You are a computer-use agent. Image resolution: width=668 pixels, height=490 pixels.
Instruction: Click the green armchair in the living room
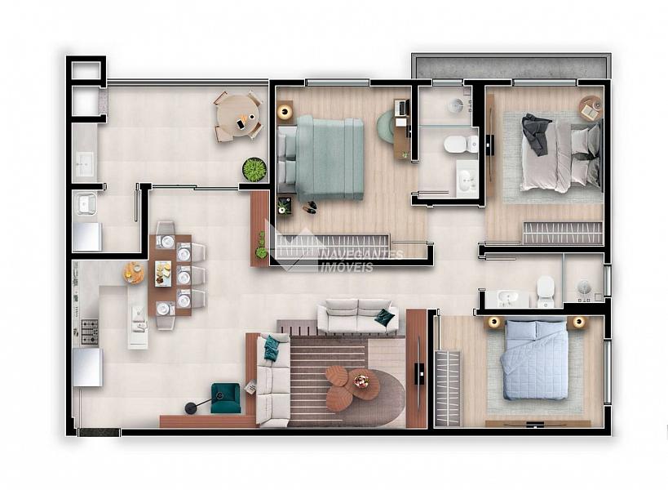tap(225, 398)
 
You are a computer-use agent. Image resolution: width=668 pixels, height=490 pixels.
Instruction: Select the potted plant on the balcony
tap(254, 169)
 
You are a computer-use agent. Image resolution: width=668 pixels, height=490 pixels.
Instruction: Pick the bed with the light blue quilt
tap(534, 360)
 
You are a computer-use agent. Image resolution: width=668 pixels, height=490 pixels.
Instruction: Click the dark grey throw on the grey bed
tap(537, 133)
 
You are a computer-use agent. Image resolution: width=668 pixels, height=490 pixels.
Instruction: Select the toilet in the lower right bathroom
tap(546, 292)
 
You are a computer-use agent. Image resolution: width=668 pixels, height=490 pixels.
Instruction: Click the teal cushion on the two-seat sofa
tap(384, 316)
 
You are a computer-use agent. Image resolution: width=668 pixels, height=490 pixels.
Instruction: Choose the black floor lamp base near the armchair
tap(190, 408)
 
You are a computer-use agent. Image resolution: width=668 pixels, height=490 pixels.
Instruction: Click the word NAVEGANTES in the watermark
tap(361, 256)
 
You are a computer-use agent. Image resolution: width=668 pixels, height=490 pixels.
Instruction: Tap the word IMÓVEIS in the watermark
tap(347, 267)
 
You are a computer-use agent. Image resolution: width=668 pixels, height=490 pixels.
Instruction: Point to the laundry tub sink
tap(86, 203)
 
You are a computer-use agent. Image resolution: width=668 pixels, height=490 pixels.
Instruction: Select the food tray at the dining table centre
tap(164, 274)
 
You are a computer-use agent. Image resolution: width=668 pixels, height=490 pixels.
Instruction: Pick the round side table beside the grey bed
tap(590, 108)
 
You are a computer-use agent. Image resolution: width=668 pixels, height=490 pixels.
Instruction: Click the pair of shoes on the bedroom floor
tap(310, 207)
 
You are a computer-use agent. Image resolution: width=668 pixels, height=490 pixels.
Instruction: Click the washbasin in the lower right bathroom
tap(507, 298)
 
